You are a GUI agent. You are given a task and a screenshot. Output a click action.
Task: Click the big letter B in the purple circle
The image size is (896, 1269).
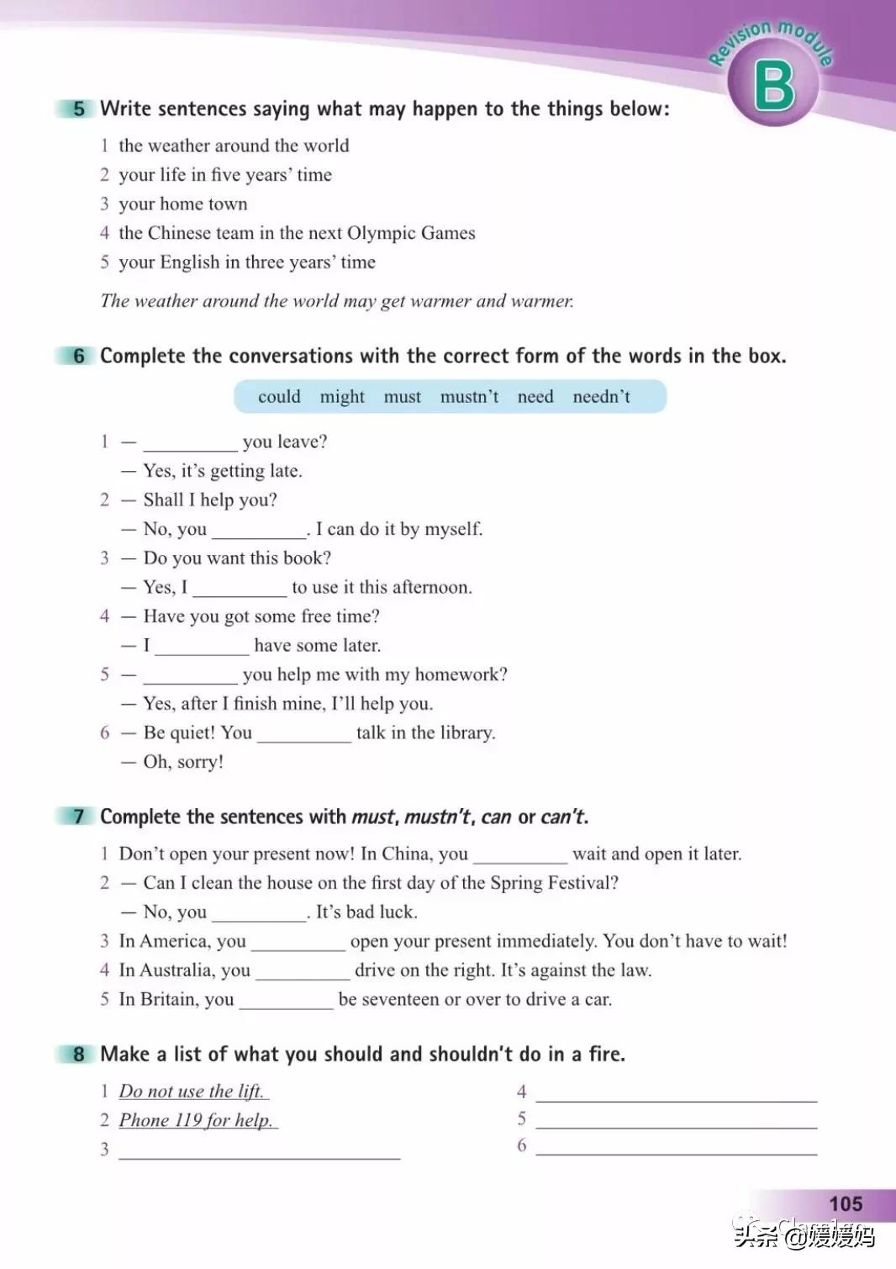tap(773, 87)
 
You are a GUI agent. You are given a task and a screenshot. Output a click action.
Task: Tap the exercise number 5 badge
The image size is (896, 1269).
tap(78, 108)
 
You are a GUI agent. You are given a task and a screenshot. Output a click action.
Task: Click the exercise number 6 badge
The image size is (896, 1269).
tap(78, 356)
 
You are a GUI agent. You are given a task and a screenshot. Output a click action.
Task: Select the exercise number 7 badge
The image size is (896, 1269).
tap(78, 817)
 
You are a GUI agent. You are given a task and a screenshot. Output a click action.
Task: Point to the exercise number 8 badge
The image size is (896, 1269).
tap(78, 1055)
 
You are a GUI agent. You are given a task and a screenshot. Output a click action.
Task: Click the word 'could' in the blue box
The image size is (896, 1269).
tap(279, 397)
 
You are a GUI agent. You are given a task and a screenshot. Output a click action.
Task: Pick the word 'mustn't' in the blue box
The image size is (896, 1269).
tap(469, 397)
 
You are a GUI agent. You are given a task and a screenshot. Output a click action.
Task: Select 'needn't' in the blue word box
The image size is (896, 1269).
tap(601, 397)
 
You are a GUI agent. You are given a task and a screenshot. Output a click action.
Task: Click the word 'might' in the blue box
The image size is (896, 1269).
tap(342, 397)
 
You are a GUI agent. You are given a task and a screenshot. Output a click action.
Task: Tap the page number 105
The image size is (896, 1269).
tap(845, 1203)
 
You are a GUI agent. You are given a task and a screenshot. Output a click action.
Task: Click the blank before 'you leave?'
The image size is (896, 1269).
tap(190, 444)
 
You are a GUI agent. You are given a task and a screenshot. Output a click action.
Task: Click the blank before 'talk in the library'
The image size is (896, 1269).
tap(304, 735)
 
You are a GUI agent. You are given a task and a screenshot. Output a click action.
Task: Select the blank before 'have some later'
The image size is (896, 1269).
tap(202, 648)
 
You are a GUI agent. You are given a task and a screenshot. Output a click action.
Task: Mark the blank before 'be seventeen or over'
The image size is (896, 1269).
tap(286, 1002)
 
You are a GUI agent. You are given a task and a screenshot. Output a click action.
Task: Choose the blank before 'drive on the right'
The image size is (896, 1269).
tap(303, 972)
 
